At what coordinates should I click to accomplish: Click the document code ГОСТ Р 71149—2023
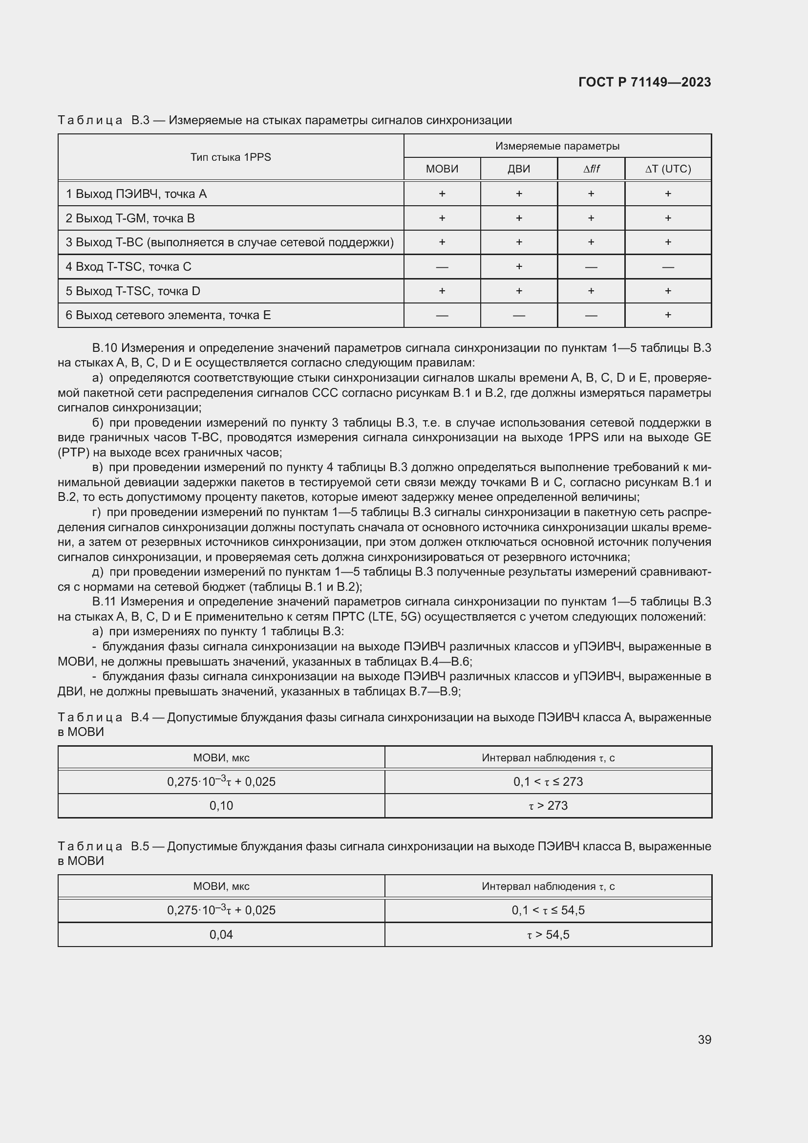click(644, 82)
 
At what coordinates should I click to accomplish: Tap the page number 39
click(704, 1039)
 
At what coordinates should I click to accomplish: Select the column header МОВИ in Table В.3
click(442, 169)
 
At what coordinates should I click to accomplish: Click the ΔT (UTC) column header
click(668, 169)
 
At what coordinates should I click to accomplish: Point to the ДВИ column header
click(518, 169)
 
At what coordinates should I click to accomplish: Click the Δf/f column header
click(591, 169)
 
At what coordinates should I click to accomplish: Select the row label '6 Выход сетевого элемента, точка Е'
click(168, 315)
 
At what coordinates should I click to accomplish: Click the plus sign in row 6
click(668, 315)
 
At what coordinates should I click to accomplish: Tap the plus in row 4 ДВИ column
click(518, 266)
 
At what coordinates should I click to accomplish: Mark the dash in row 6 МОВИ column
click(442, 315)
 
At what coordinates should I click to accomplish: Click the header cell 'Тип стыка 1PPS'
click(231, 157)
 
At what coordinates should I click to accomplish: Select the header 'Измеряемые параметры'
click(557, 146)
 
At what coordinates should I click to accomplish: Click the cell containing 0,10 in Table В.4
click(221, 805)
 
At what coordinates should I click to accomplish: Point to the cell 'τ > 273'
click(548, 805)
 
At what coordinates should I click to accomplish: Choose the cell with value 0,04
click(221, 934)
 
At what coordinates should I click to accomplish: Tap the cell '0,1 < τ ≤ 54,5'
click(548, 910)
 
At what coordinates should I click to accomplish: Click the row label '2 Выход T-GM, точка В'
click(130, 218)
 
